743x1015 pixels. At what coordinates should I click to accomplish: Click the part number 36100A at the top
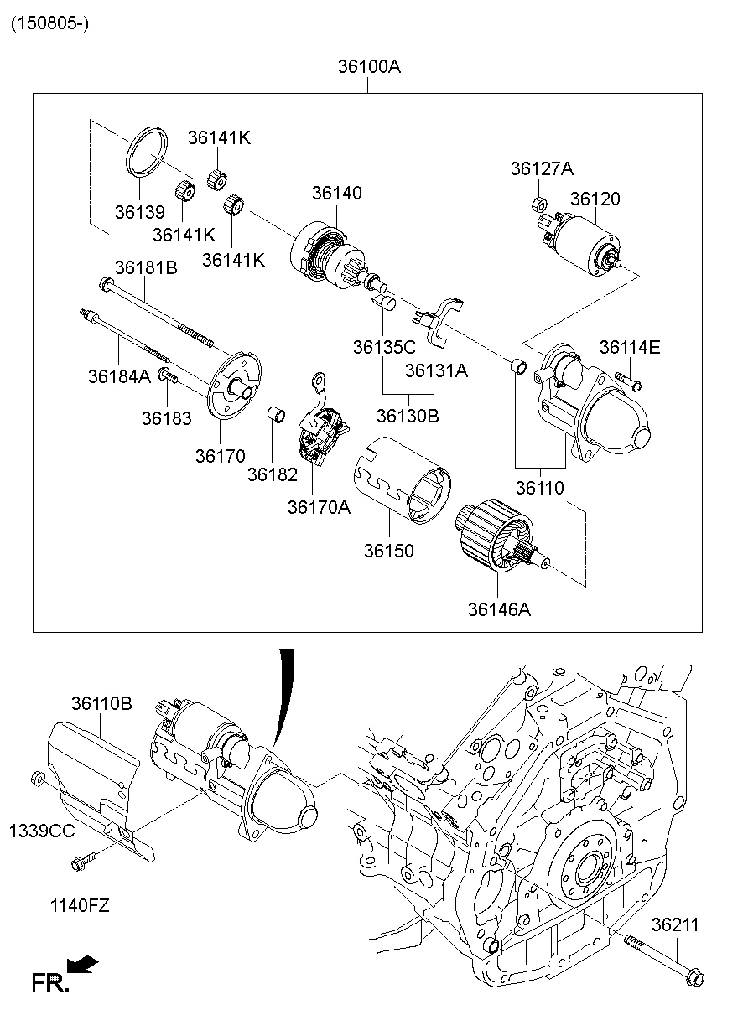[369, 66]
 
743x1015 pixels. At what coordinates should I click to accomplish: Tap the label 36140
[337, 193]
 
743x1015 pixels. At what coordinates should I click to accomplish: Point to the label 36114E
[629, 347]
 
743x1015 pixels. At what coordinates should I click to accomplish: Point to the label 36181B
[146, 268]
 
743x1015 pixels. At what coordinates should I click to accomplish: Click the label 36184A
[118, 376]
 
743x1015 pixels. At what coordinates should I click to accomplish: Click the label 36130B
[407, 416]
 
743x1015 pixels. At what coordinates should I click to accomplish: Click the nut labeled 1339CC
[37, 778]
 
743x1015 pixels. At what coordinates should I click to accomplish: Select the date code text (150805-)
[49, 23]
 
